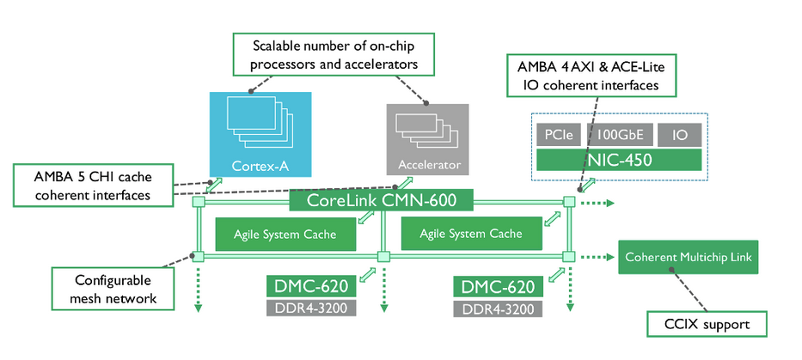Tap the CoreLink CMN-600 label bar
coord(381,201)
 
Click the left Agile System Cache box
coord(285,233)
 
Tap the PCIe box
coord(559,135)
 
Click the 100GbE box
coord(618,135)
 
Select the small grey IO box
coord(679,135)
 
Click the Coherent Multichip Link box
coord(689,257)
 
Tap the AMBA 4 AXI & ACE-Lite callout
coord(594,75)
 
